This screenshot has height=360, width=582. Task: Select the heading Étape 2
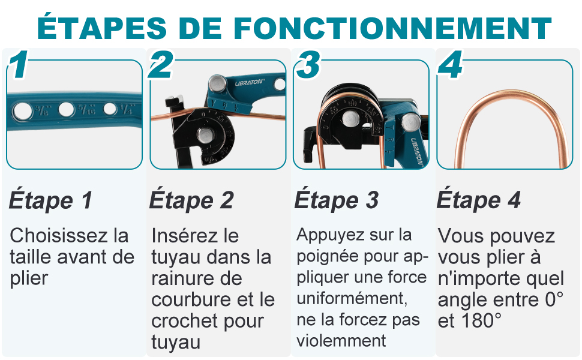click(191, 200)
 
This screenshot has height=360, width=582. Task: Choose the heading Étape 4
click(478, 200)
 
